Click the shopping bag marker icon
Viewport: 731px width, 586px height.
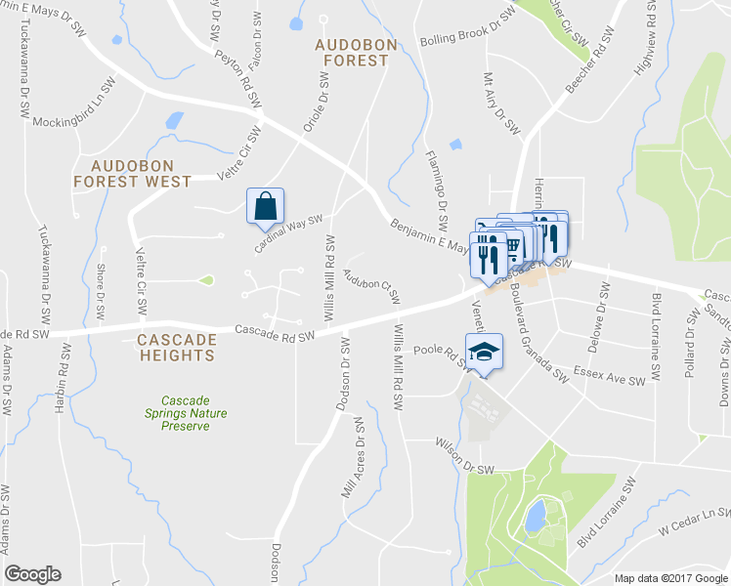pyautogui.click(x=265, y=206)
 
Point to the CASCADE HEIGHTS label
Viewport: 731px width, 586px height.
pyautogui.click(x=176, y=347)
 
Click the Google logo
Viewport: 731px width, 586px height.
pyautogui.click(x=32, y=573)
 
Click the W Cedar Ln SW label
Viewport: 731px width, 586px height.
pyautogui.click(x=693, y=521)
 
